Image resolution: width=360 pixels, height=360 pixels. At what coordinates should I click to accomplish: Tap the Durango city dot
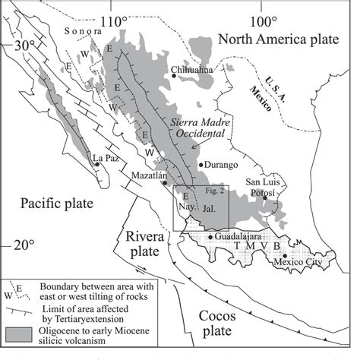point(200,164)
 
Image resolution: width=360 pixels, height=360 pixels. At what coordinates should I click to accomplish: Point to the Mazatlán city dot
point(165,182)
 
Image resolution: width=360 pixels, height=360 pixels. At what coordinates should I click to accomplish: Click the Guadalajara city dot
point(210,237)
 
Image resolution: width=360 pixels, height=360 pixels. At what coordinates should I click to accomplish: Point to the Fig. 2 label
point(215,191)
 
